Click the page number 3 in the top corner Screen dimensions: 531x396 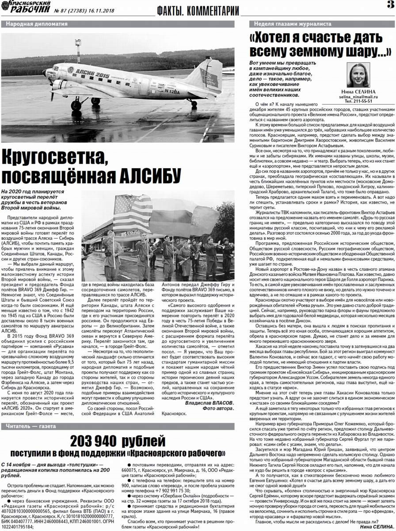coord(390,6)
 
